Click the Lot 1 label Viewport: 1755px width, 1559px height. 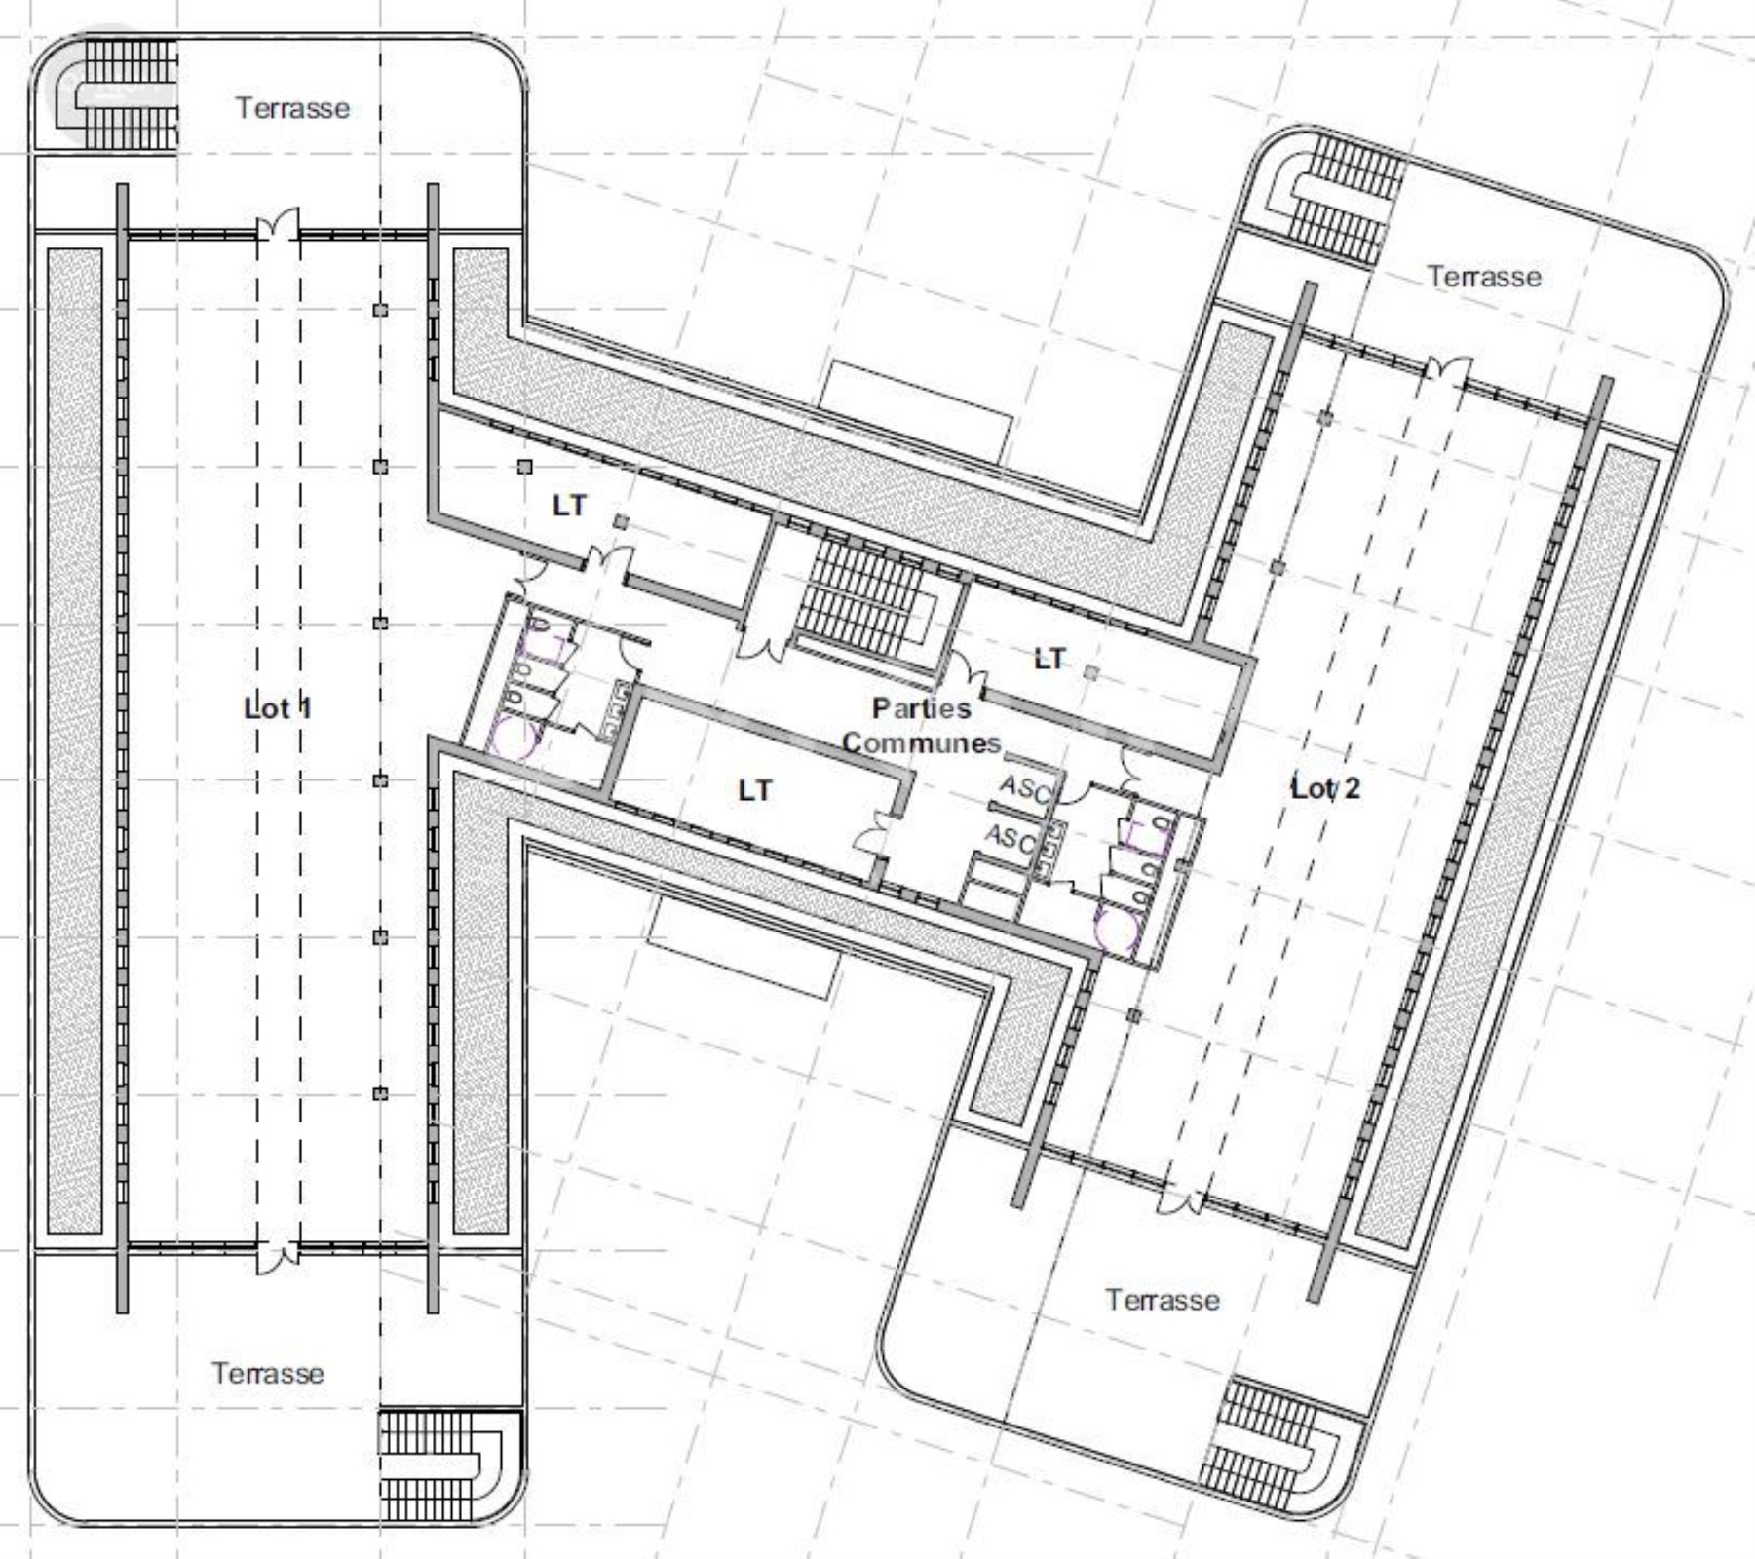(278, 708)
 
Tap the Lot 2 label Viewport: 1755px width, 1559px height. (1325, 787)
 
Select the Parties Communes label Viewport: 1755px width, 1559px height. (922, 725)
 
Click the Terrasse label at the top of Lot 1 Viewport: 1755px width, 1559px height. (292, 107)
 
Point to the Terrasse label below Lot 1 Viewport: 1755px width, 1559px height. (268, 1373)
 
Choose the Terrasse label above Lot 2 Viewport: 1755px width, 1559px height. (1484, 276)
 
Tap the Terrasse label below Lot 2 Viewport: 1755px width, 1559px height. (1162, 1299)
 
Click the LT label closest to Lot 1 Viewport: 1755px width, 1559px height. (570, 505)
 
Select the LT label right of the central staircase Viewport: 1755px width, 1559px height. (1049, 659)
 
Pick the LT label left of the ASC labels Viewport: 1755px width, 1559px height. (755, 789)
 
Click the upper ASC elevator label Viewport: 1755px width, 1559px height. (1025, 787)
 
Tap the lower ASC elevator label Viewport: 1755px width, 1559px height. (1011, 837)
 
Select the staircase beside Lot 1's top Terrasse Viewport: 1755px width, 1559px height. (119, 94)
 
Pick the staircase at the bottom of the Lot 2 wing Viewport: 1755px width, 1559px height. (1276, 1441)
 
